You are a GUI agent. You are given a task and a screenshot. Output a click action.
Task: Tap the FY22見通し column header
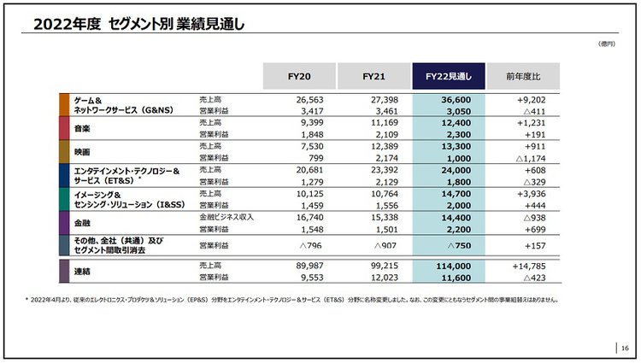point(449,77)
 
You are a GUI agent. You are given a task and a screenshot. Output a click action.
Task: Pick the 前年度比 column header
point(523,77)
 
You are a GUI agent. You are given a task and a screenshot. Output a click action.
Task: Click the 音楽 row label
point(83,128)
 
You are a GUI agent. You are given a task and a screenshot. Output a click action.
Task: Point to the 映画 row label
point(83,152)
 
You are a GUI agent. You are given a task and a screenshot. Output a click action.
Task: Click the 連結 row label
point(83,272)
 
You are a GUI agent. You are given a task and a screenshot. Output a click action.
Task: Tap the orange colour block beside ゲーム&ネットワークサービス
point(64,104)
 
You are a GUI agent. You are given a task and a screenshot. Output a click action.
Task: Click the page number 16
point(625,348)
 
